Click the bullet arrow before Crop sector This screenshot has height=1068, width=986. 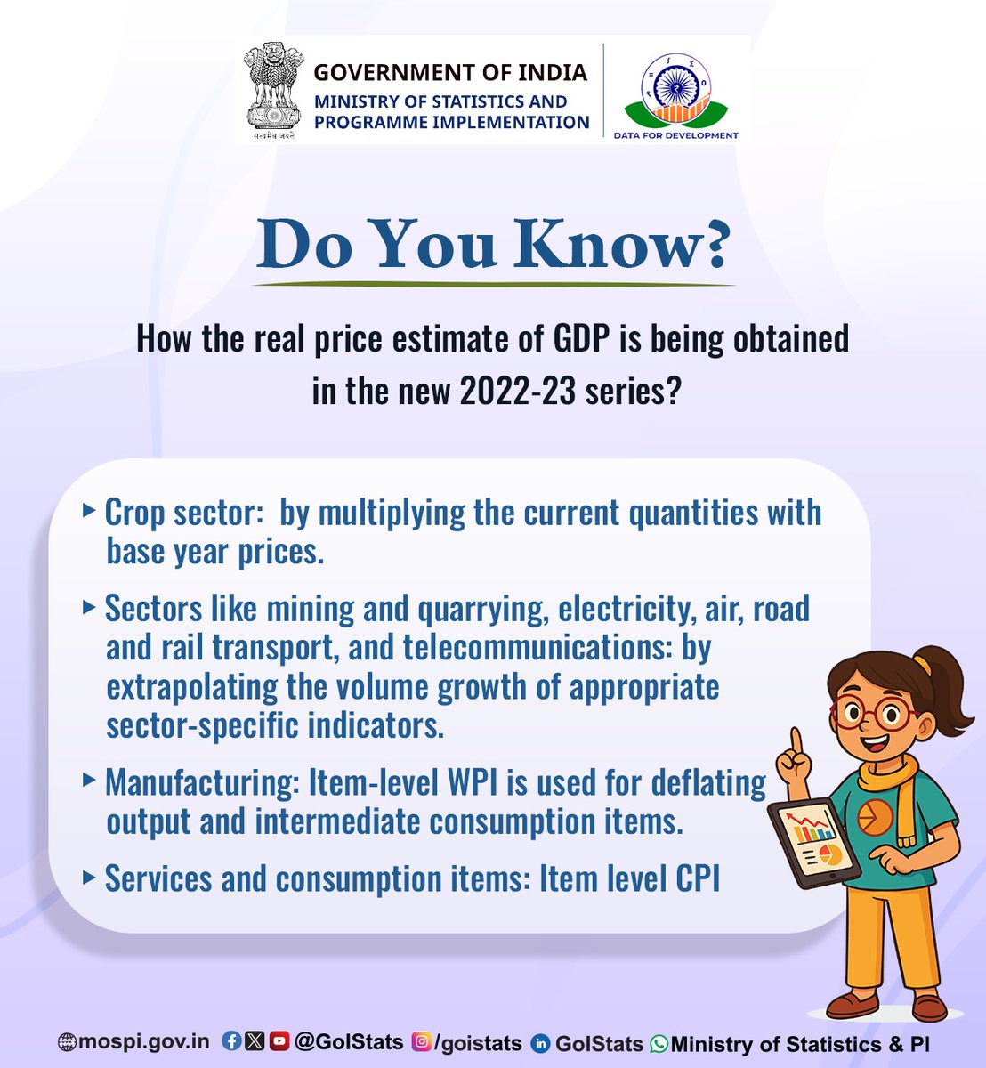point(88,511)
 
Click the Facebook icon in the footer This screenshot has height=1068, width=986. point(231,1040)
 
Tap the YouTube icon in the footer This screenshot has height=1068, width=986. point(279,1040)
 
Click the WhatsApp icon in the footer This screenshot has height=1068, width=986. point(659,1043)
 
